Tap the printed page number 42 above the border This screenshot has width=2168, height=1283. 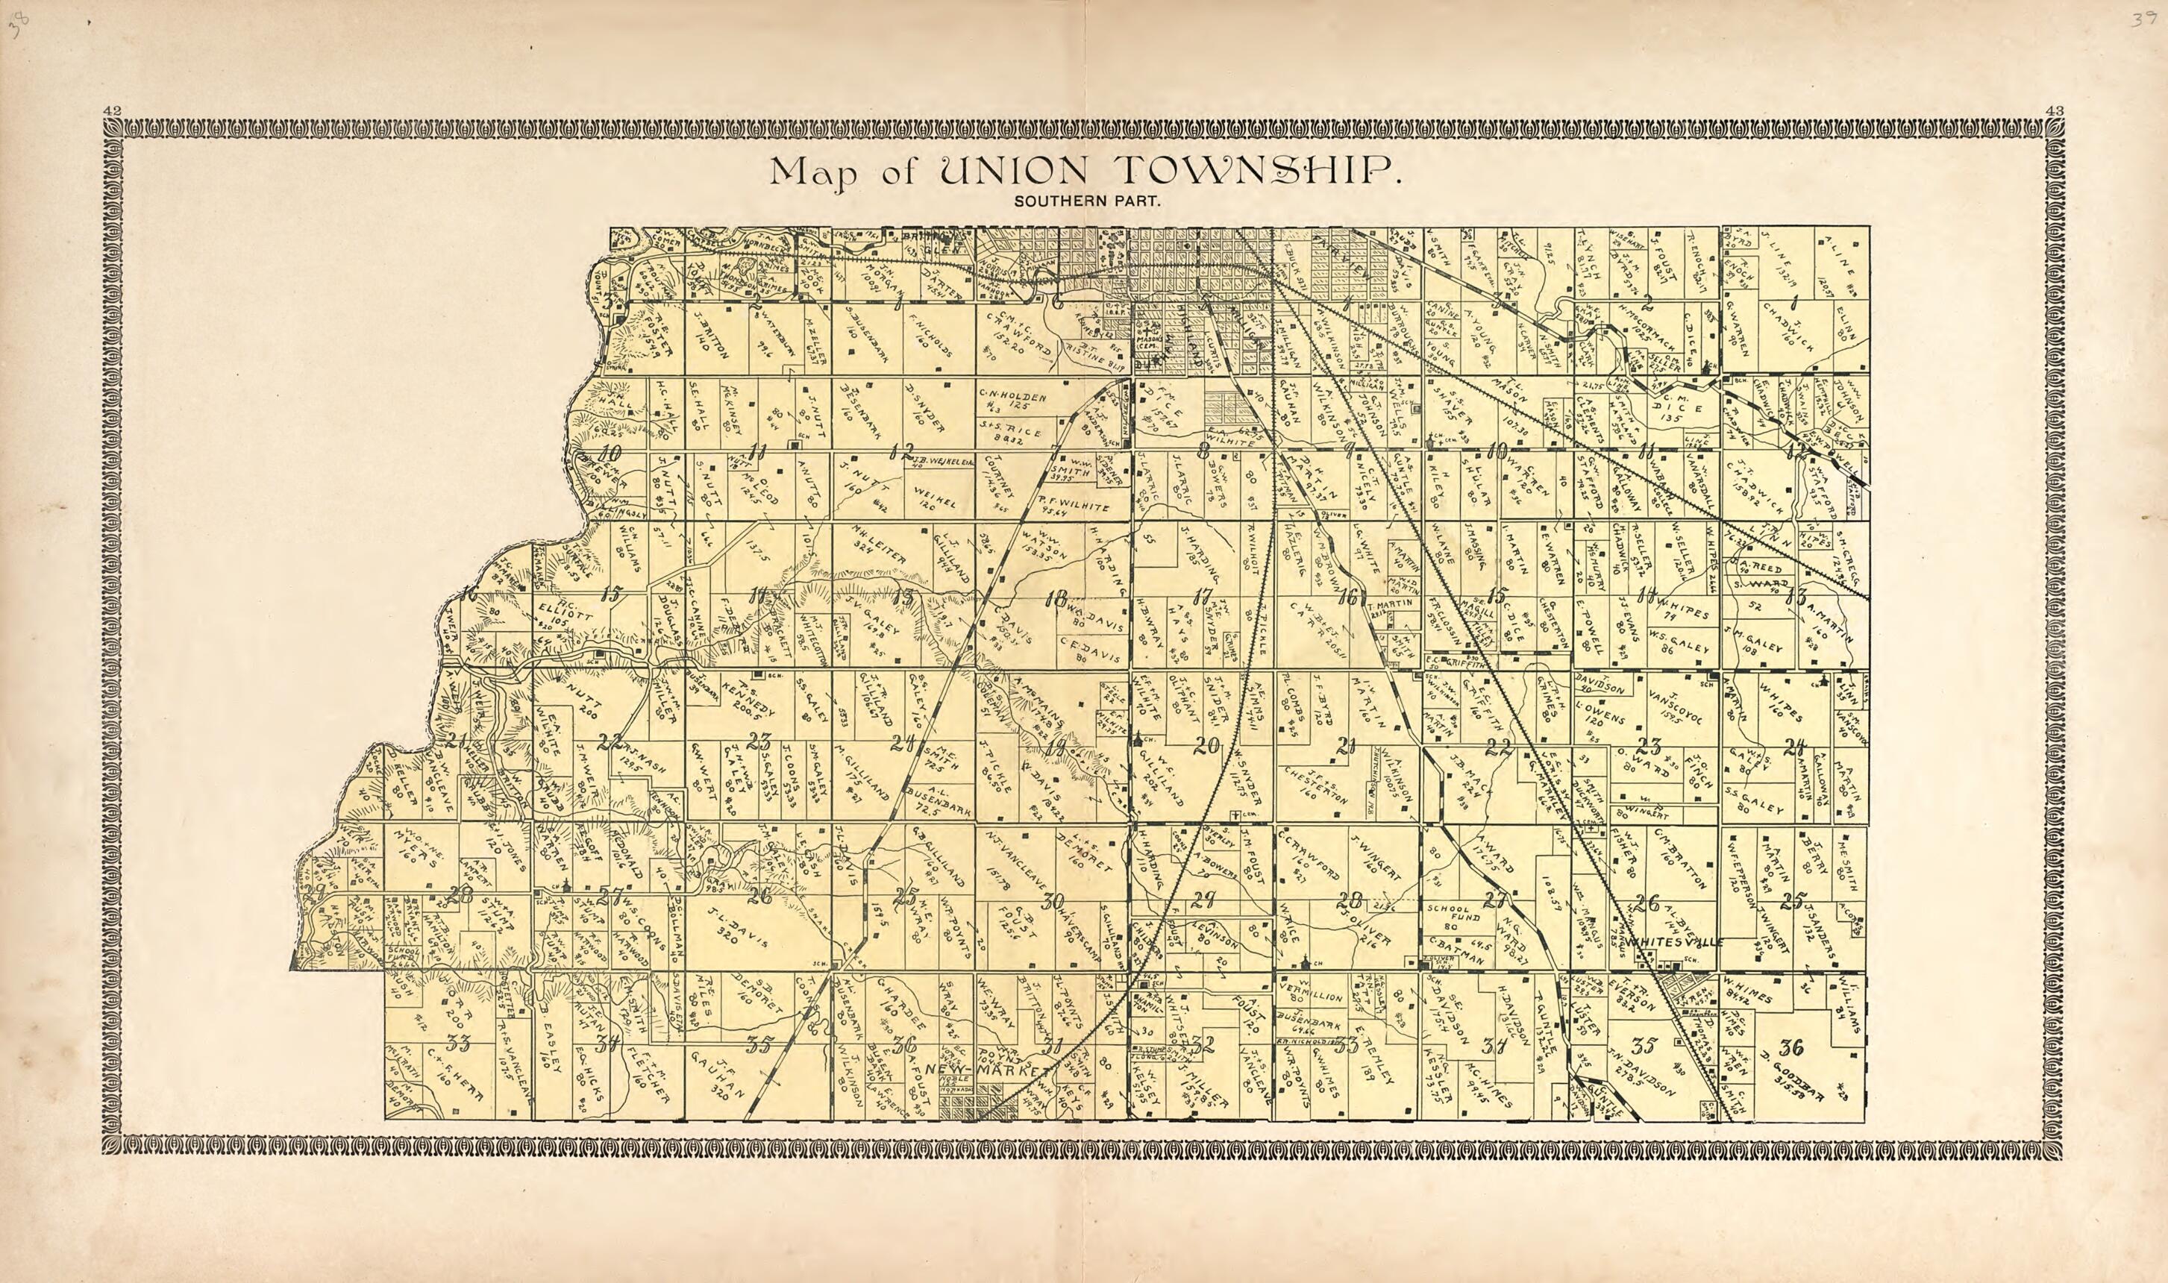pyautogui.click(x=110, y=110)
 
